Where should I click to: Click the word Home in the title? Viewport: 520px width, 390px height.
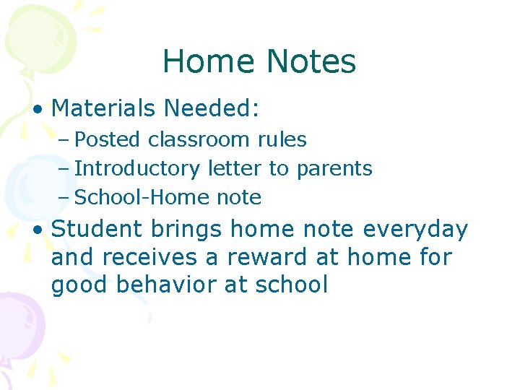click(207, 62)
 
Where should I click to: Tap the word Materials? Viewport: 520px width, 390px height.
click(104, 108)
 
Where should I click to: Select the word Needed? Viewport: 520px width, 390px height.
click(211, 108)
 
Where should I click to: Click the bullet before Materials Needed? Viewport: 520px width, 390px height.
click(38, 110)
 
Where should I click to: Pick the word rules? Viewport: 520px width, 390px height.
click(284, 139)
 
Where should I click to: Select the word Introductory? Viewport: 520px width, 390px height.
click(137, 168)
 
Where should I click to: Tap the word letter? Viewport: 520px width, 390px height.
click(235, 168)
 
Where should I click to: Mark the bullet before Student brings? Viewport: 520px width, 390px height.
click(38, 230)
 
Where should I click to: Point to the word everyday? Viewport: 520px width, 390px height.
click(415, 230)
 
